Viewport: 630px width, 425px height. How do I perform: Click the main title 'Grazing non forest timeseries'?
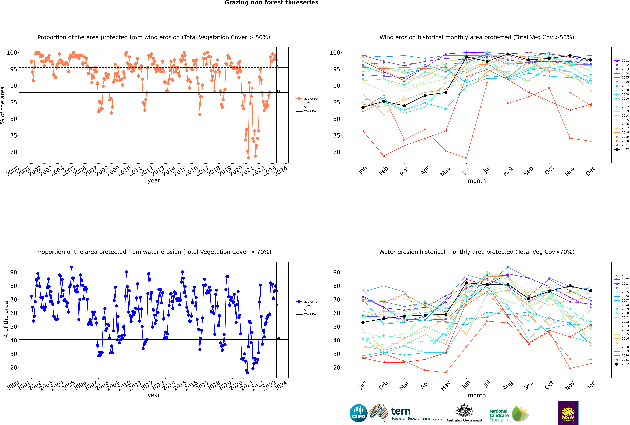tap(271, 3)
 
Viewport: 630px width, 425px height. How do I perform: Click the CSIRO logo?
tap(358, 413)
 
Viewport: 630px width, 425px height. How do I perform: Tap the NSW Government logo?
tap(568, 413)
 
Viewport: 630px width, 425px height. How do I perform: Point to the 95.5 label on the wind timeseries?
tap(281, 66)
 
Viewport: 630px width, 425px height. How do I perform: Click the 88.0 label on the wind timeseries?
tap(281, 91)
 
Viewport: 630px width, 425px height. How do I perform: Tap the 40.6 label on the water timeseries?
tap(281, 338)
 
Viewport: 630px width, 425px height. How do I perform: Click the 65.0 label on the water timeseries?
tap(281, 305)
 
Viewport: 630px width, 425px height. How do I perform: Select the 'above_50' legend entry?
tap(310, 99)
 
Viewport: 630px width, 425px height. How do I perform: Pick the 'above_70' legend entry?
tap(310, 302)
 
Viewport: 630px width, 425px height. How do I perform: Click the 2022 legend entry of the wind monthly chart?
tap(625, 149)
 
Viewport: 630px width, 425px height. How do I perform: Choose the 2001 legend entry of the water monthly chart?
tap(625, 275)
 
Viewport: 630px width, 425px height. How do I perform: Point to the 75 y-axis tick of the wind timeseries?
tap(14, 136)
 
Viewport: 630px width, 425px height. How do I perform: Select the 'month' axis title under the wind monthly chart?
tap(477, 181)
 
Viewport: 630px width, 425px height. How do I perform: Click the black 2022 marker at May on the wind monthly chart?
tap(446, 92)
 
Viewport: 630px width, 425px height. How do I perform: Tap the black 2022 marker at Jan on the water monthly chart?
tap(363, 322)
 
